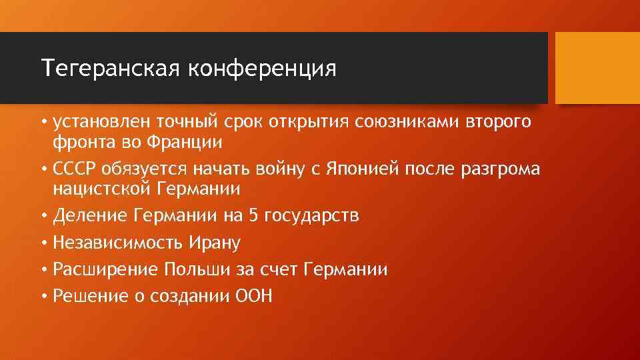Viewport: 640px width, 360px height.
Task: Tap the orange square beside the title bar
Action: click(x=597, y=68)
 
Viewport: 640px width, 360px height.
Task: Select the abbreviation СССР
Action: click(x=75, y=169)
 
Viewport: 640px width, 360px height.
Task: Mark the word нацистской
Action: click(x=102, y=189)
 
